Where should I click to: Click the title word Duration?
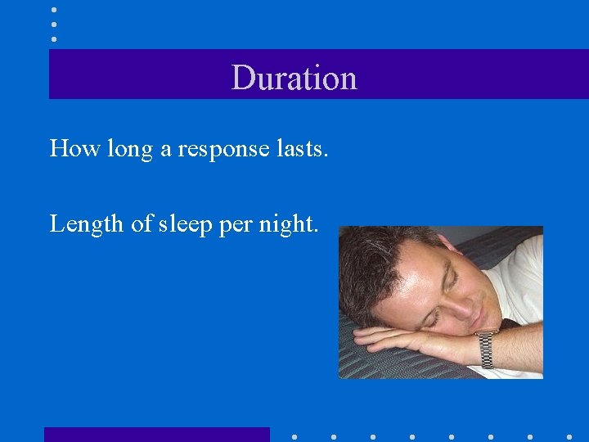294,78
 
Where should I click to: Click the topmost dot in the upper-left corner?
54,10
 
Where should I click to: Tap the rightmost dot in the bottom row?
569,437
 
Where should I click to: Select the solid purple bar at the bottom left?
156,435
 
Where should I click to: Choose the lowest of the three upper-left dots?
54,38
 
